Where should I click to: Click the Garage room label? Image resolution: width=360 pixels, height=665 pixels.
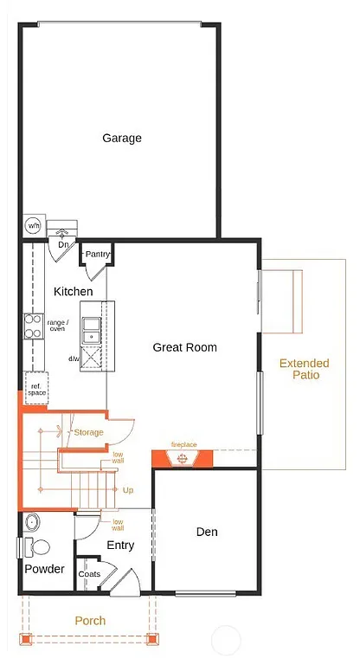[x=121, y=138]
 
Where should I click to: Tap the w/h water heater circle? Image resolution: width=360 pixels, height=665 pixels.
[x=33, y=225]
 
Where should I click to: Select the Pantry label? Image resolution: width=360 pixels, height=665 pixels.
[x=97, y=254]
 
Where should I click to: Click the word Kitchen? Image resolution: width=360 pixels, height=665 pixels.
[x=73, y=292]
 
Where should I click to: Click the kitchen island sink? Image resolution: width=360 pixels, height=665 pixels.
[x=91, y=328]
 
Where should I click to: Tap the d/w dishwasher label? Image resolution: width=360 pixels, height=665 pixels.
[x=74, y=358]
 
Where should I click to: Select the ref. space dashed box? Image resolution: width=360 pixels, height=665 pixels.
[x=36, y=389]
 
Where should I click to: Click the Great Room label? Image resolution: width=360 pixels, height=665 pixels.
[x=184, y=347]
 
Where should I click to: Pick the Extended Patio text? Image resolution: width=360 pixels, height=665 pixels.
[x=304, y=369]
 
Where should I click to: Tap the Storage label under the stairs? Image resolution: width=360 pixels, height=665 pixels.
[x=88, y=432]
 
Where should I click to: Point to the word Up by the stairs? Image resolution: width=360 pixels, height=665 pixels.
[x=128, y=490]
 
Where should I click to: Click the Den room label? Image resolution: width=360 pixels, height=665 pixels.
[x=206, y=532]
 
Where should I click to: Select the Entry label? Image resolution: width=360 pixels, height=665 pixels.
[x=120, y=545]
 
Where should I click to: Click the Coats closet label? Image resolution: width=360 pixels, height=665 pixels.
[x=89, y=574]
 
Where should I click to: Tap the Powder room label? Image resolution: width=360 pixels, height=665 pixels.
[x=44, y=569]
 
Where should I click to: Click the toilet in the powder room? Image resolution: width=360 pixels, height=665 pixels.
[x=32, y=546]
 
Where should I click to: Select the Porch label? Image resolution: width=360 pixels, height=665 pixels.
[x=90, y=620]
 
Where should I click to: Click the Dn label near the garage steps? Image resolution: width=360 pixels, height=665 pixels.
[x=63, y=245]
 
